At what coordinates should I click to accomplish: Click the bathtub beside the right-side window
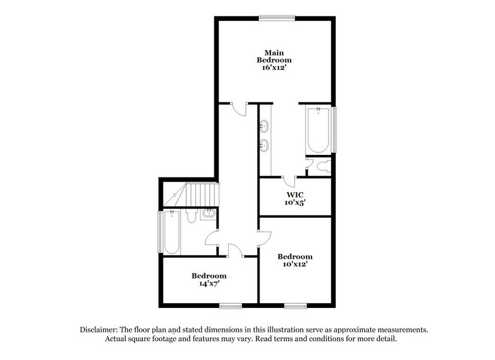tap(319, 131)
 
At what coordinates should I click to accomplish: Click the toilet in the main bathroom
tap(325, 165)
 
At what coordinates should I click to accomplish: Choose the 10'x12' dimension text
tap(295, 264)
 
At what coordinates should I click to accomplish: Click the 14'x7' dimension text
tap(209, 284)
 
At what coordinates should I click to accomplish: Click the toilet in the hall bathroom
tap(190, 216)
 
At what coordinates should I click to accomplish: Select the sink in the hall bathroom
tap(209, 214)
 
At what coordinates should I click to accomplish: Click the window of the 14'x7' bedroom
tap(231, 304)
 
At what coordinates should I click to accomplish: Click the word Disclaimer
tap(102, 329)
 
